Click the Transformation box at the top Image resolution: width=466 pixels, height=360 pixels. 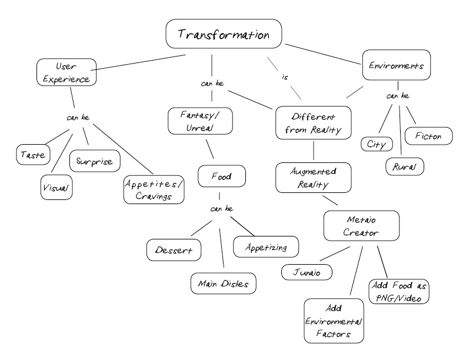[224, 34]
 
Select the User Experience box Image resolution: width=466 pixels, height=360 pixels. [66, 72]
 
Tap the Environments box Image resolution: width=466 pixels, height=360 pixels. [397, 65]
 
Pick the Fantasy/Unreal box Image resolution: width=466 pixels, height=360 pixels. [200, 121]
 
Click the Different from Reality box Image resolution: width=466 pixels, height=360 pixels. [313, 123]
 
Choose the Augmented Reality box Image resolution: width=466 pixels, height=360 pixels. [313, 177]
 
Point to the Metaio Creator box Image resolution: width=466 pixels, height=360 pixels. [361, 226]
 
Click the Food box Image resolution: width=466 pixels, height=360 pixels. [222, 176]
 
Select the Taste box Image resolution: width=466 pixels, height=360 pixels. [34, 155]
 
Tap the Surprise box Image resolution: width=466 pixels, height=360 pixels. [95, 161]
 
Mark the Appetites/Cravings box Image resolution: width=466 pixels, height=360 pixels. [154, 189]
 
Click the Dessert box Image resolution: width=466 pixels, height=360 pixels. [174, 250]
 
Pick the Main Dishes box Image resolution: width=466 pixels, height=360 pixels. [223, 284]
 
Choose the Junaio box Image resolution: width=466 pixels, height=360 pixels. [307, 272]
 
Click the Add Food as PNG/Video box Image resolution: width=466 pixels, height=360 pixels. [399, 291]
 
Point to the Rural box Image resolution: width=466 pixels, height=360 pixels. [405, 166]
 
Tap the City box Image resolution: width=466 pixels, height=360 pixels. [377, 144]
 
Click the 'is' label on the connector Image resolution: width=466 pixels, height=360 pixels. [285, 77]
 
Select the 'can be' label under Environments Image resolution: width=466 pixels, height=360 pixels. [398, 96]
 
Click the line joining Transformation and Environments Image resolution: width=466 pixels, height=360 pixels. [323, 54]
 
